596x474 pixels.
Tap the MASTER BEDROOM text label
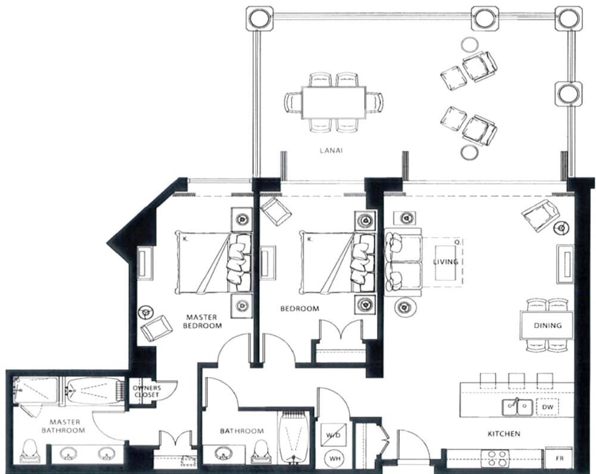tap(201, 322)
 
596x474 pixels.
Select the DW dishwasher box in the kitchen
tap(547, 407)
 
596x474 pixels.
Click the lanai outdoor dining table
tap(334, 102)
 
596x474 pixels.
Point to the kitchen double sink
tap(517, 407)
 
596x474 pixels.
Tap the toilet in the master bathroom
tap(29, 451)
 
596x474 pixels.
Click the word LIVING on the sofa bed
tap(445, 262)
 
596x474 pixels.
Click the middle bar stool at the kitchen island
tap(516, 379)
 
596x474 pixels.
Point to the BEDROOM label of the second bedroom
tap(299, 309)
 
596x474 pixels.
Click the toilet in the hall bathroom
tap(260, 452)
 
